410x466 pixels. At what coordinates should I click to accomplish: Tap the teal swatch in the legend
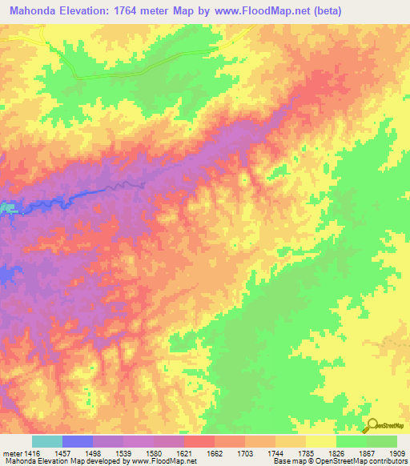[47, 441]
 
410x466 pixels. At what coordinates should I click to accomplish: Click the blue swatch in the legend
[78, 441]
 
